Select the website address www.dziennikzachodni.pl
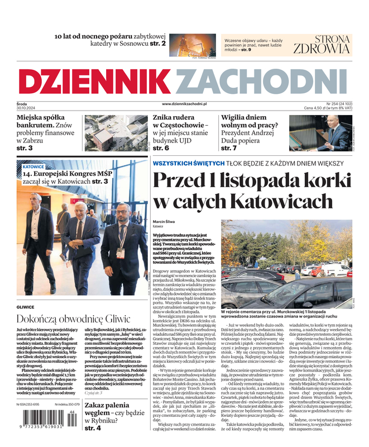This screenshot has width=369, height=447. (x=184, y=104)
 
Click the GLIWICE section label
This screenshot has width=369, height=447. (x=26, y=307)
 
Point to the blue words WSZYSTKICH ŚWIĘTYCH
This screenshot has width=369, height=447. (x=189, y=163)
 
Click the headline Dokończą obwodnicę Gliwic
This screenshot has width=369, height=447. (x=73, y=319)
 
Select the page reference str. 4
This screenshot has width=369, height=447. (x=93, y=428)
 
